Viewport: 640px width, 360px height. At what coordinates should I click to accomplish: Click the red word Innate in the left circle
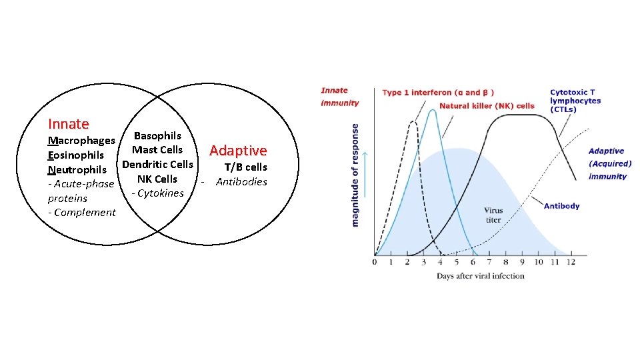[x=68, y=124]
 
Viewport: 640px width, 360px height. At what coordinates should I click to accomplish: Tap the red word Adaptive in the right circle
[x=238, y=151]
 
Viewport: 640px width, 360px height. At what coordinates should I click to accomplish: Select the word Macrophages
[x=81, y=141]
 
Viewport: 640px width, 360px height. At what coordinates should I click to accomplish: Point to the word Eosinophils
[x=76, y=155]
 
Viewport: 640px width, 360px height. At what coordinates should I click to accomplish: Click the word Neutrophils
[x=77, y=169]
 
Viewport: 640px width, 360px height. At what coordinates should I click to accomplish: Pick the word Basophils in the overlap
[x=157, y=136]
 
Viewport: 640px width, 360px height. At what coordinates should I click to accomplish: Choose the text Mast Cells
[x=157, y=150]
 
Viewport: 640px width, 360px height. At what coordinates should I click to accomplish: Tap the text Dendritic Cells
[x=158, y=164]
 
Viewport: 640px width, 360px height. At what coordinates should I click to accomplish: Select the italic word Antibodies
[x=241, y=182]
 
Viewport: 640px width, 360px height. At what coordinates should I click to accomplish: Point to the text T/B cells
[x=245, y=167]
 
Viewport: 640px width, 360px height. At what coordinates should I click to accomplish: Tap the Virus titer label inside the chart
[x=493, y=215]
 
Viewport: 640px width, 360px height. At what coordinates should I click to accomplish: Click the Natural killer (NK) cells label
[x=487, y=105]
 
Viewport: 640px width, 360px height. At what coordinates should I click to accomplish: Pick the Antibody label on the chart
[x=561, y=206]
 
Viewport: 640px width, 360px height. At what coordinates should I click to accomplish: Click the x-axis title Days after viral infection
[x=480, y=275]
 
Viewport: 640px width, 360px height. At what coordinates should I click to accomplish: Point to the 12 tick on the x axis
[x=570, y=262]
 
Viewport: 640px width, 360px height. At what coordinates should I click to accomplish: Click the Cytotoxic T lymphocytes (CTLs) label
[x=575, y=101]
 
